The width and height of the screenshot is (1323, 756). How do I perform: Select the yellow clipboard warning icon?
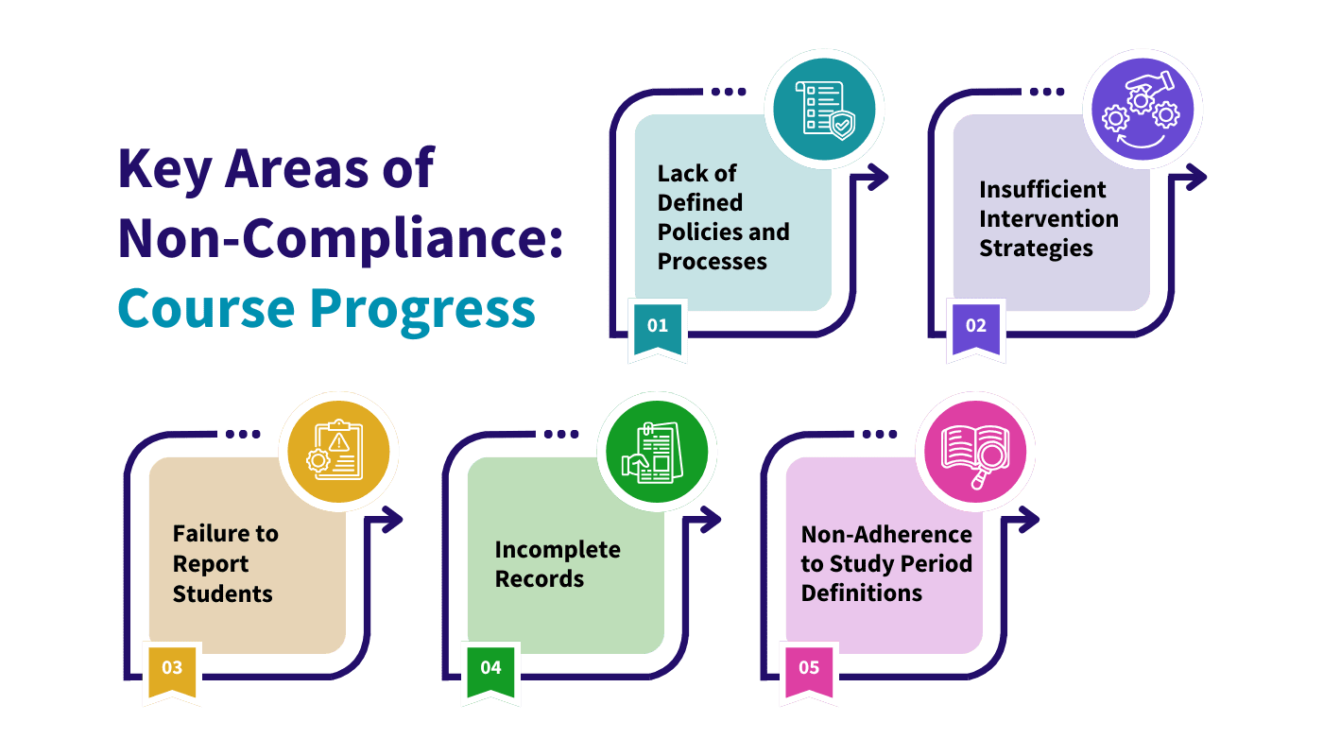338,452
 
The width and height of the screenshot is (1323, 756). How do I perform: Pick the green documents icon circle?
657,452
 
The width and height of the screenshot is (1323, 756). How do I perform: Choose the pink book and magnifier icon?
975,452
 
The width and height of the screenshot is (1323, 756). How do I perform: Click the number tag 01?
658,326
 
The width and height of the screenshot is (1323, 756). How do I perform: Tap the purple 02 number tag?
976,326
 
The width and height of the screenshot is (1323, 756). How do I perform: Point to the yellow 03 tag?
172,667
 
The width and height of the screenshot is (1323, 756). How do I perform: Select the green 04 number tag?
490,667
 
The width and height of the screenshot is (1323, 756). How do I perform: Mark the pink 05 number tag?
809,667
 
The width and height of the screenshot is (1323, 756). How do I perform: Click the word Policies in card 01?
697,232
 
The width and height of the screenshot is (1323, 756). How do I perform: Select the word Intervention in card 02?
1048,218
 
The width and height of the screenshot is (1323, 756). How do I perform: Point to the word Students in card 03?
222,593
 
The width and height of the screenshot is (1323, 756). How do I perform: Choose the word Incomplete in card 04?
558,549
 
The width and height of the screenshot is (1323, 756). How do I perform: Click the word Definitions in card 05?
862,593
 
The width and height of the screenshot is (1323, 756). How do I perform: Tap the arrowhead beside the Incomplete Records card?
715,518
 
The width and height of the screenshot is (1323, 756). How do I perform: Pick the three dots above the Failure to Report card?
243,434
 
